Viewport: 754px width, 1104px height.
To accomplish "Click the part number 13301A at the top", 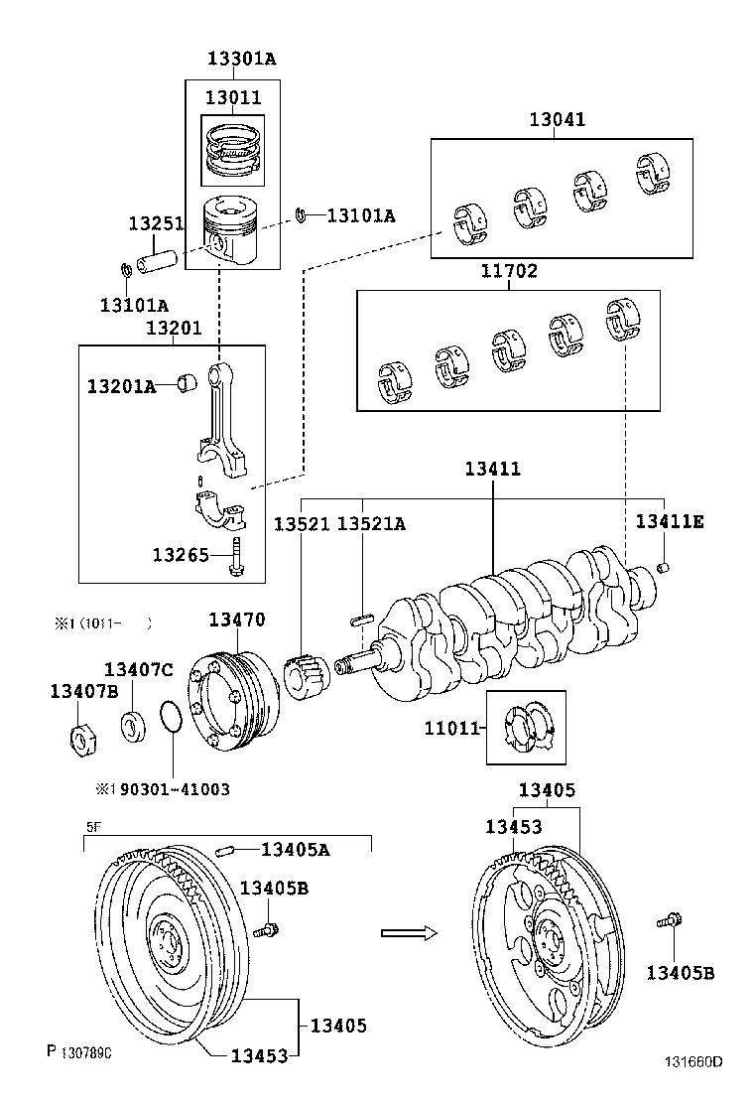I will coord(241,59).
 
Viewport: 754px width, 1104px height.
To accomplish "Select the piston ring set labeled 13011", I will coord(232,149).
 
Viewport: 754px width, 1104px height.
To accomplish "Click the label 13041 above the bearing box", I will coord(557,119).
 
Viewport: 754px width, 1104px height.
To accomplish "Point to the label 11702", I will coord(509,271).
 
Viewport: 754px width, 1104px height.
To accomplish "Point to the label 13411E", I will coord(670,521).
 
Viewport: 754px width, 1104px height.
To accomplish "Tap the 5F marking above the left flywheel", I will coord(92,824).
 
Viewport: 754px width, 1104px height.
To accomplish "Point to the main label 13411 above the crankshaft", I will coord(492,469).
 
